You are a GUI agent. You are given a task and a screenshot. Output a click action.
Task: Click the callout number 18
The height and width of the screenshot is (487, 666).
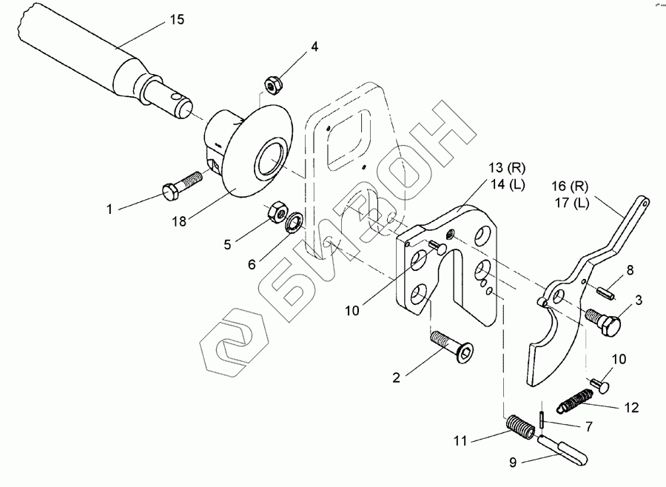click(179, 221)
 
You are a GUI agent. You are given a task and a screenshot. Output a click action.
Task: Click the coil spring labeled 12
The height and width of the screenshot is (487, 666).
click(573, 403)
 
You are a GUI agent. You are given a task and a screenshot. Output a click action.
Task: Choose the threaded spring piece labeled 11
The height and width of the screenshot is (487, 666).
click(519, 427)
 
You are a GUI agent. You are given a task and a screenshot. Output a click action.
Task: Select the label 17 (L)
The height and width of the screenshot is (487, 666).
click(571, 203)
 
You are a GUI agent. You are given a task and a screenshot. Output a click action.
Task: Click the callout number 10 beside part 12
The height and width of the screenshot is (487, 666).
click(619, 360)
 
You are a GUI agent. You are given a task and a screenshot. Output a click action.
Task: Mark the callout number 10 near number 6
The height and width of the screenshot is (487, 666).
click(351, 311)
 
